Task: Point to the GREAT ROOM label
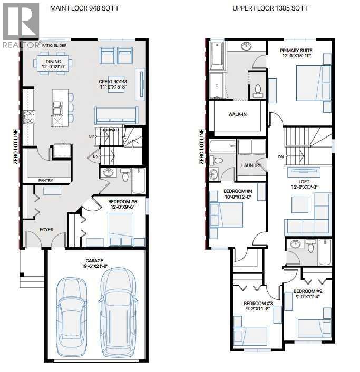[x=112, y=82]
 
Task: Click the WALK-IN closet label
[x=238, y=114]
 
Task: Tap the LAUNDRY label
[x=250, y=165]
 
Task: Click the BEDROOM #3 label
[x=257, y=304]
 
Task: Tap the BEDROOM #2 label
[x=307, y=291]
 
